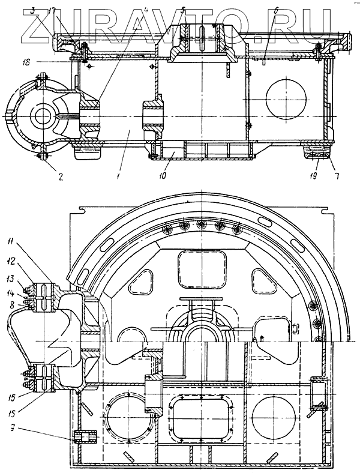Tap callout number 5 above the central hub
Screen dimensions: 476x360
(183, 11)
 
